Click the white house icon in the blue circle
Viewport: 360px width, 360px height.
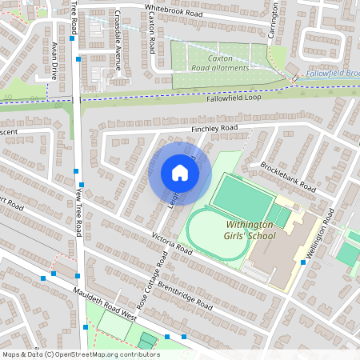point(180,173)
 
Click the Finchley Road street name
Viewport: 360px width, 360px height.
point(214,128)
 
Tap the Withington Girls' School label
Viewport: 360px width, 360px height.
point(261,230)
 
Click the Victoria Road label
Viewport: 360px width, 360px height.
point(172,244)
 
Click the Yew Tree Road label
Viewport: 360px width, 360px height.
point(78,212)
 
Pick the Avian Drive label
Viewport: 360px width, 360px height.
point(54,61)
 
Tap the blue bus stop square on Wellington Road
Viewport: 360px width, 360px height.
point(303,262)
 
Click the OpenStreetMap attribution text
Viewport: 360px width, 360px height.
point(80,354)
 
